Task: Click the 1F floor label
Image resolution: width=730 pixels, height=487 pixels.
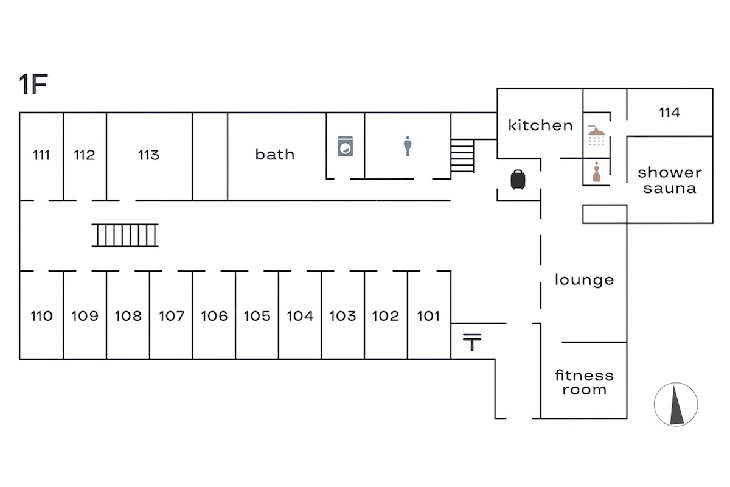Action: click(33, 85)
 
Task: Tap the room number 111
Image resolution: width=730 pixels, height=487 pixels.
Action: click(41, 155)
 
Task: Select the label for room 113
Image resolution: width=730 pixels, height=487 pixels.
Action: click(148, 155)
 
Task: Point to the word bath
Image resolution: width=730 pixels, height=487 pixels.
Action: click(275, 155)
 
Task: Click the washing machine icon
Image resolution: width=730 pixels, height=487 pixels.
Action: click(346, 146)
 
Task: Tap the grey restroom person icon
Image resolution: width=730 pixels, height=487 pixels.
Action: click(408, 146)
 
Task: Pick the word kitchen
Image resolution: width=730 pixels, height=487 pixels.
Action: click(540, 125)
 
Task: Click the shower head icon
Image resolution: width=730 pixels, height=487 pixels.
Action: click(596, 135)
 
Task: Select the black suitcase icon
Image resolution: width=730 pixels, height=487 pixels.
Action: click(518, 180)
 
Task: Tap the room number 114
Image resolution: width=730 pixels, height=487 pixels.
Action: click(669, 113)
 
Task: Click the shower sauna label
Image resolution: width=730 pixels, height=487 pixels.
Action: click(669, 180)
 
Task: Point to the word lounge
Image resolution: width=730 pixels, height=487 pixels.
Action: click(584, 280)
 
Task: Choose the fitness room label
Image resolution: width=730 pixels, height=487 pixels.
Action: click(584, 382)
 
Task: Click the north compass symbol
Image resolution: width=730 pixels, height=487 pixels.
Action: click(676, 405)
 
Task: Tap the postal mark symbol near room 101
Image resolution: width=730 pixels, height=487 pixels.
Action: click(471, 342)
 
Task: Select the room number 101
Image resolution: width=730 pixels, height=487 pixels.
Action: click(428, 316)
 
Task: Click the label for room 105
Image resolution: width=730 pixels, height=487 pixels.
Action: click(257, 316)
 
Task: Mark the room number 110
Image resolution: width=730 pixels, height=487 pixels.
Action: click(41, 316)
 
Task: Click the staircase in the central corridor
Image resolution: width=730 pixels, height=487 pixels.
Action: click(125, 235)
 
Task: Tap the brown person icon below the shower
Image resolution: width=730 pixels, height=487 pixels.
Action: click(596, 173)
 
